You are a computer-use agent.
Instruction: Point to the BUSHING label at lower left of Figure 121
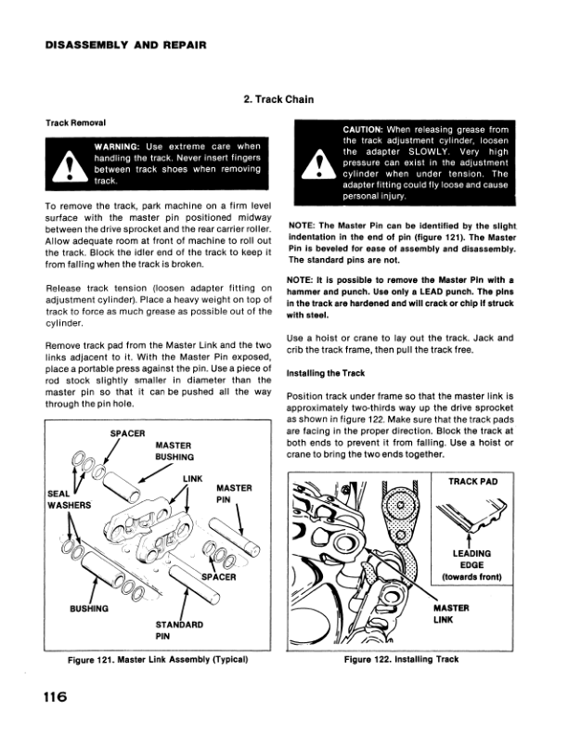(90, 609)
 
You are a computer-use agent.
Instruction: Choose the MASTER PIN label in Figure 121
(232, 493)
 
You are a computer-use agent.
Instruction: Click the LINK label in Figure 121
(192, 478)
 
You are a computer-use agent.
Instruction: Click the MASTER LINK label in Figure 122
(455, 615)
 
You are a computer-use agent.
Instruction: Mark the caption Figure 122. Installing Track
(401, 660)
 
